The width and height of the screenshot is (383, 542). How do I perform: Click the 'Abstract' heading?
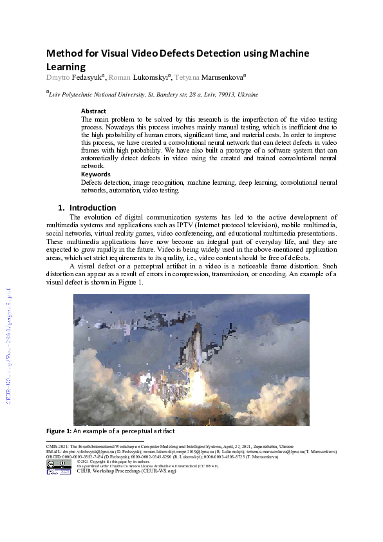tap(93, 111)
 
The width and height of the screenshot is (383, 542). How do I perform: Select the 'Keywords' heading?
tap(95, 174)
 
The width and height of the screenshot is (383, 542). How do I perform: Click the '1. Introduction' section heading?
tap(87, 208)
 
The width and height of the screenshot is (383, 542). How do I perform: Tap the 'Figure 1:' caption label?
tap(59, 430)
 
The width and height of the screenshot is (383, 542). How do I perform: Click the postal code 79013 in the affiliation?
tap(214, 95)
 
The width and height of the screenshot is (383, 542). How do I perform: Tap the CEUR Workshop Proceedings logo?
tap(59, 472)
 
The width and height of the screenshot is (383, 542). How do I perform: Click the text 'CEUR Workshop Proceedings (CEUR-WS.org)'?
tap(126, 471)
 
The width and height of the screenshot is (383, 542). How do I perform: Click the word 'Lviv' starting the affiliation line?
tap(55, 95)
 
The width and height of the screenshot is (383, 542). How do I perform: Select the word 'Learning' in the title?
tap(66, 66)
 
